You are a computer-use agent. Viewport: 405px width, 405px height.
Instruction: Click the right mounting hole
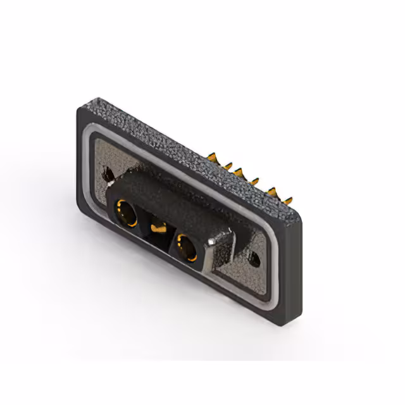tap(256, 258)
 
